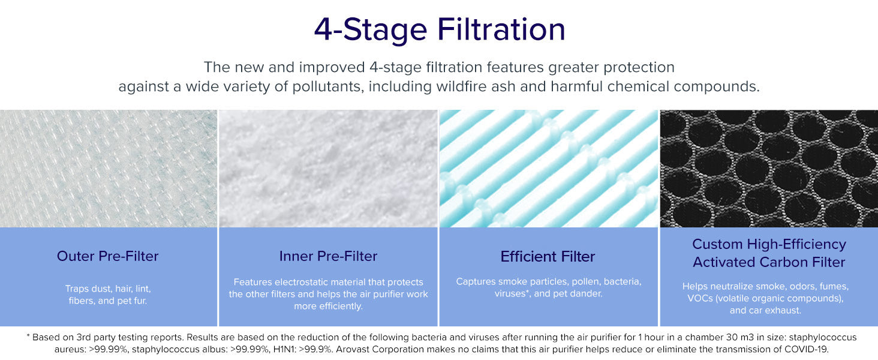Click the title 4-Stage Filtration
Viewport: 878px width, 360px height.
pyautogui.click(x=440, y=30)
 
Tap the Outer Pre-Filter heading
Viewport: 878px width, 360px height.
pyautogui.click(x=108, y=256)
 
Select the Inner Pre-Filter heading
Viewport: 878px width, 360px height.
pyautogui.click(x=328, y=256)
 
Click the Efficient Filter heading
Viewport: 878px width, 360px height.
pyautogui.click(x=548, y=256)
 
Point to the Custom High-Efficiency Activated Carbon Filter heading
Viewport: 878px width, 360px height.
pyautogui.click(x=769, y=253)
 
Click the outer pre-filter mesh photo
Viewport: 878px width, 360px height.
pyautogui.click(x=108, y=169)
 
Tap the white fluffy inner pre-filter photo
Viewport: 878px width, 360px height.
pyautogui.click(x=328, y=169)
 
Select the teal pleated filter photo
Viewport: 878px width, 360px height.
pyautogui.click(x=549, y=169)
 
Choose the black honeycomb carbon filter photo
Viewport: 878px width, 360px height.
pyautogui.click(x=769, y=169)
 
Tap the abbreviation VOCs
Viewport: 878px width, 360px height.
pyautogui.click(x=700, y=298)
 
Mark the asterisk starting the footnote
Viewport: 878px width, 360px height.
pyautogui.click(x=28, y=336)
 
